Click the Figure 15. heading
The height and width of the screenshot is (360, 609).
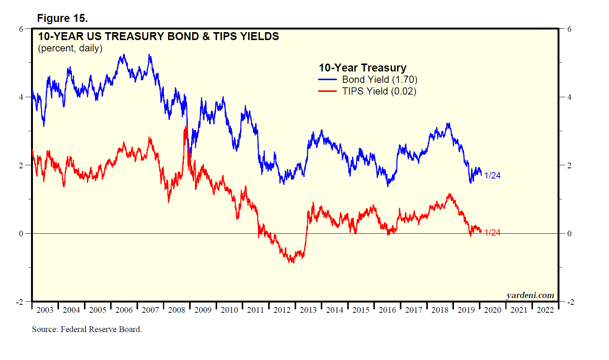pyautogui.click(x=62, y=18)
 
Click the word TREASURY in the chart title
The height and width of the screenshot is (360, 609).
pyautogui.click(x=135, y=36)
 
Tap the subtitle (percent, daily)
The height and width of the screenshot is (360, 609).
pyautogui.click(x=70, y=48)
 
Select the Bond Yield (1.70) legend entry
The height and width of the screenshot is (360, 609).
pyautogui.click(x=379, y=80)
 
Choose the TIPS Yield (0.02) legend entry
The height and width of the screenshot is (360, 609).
pyautogui.click(x=379, y=92)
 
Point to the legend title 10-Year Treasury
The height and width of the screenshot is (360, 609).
pyautogui.click(x=362, y=68)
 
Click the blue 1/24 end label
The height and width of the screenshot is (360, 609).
pyautogui.click(x=492, y=175)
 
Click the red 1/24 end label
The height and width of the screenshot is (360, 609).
pyautogui.click(x=492, y=233)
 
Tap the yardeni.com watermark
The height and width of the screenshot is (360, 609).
pyautogui.click(x=530, y=295)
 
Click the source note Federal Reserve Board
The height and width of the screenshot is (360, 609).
pyautogui.click(x=87, y=329)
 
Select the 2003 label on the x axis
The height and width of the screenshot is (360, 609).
pyautogui.click(x=45, y=310)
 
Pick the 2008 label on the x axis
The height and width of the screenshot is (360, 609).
pyautogui.click(x=177, y=310)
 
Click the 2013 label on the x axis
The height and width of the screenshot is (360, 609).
pyautogui.click(x=308, y=310)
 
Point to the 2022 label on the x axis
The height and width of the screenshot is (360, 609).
pyautogui.click(x=545, y=310)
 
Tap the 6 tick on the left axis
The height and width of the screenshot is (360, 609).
pyautogui.click(x=21, y=29)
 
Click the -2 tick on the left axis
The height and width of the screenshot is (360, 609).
pyautogui.click(x=20, y=302)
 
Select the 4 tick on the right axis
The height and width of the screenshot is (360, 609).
pyautogui.click(x=569, y=97)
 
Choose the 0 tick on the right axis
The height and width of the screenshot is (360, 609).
pyautogui.click(x=569, y=234)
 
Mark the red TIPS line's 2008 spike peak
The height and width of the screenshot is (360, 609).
pyautogui.click(x=186, y=127)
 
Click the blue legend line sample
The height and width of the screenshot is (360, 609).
pyautogui.click(x=328, y=80)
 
